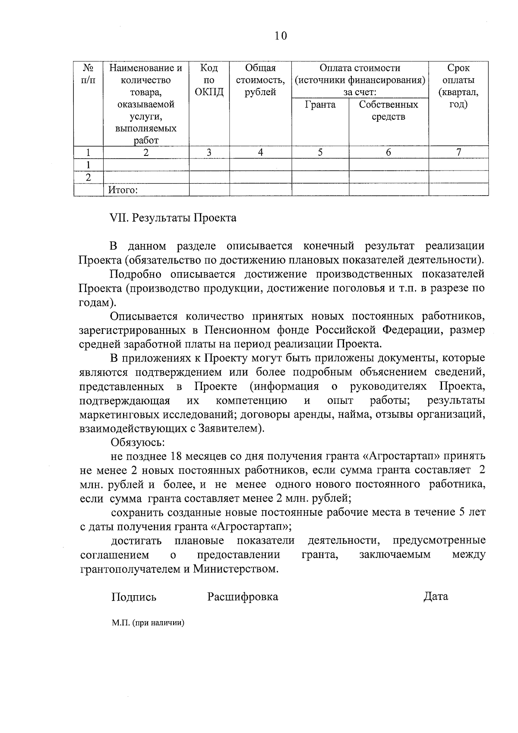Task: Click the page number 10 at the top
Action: pos(280,36)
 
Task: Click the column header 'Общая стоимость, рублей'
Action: pos(260,80)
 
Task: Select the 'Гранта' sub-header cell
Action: pos(320,105)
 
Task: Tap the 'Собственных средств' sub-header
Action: pos(388,111)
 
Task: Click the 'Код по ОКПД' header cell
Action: pos(209,80)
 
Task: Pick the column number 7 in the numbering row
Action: pos(458,152)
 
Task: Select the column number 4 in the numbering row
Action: pos(260,152)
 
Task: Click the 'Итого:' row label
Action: pos(123,190)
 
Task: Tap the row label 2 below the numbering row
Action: pos(88,177)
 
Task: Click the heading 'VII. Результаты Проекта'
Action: pos(174,218)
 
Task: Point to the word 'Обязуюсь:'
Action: pos(138,442)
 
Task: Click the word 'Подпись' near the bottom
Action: pos(134,597)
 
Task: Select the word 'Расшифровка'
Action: pos(243,597)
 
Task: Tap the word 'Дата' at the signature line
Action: pos(436,597)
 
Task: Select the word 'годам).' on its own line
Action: pos(98,302)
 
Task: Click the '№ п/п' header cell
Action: pos(88,74)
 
